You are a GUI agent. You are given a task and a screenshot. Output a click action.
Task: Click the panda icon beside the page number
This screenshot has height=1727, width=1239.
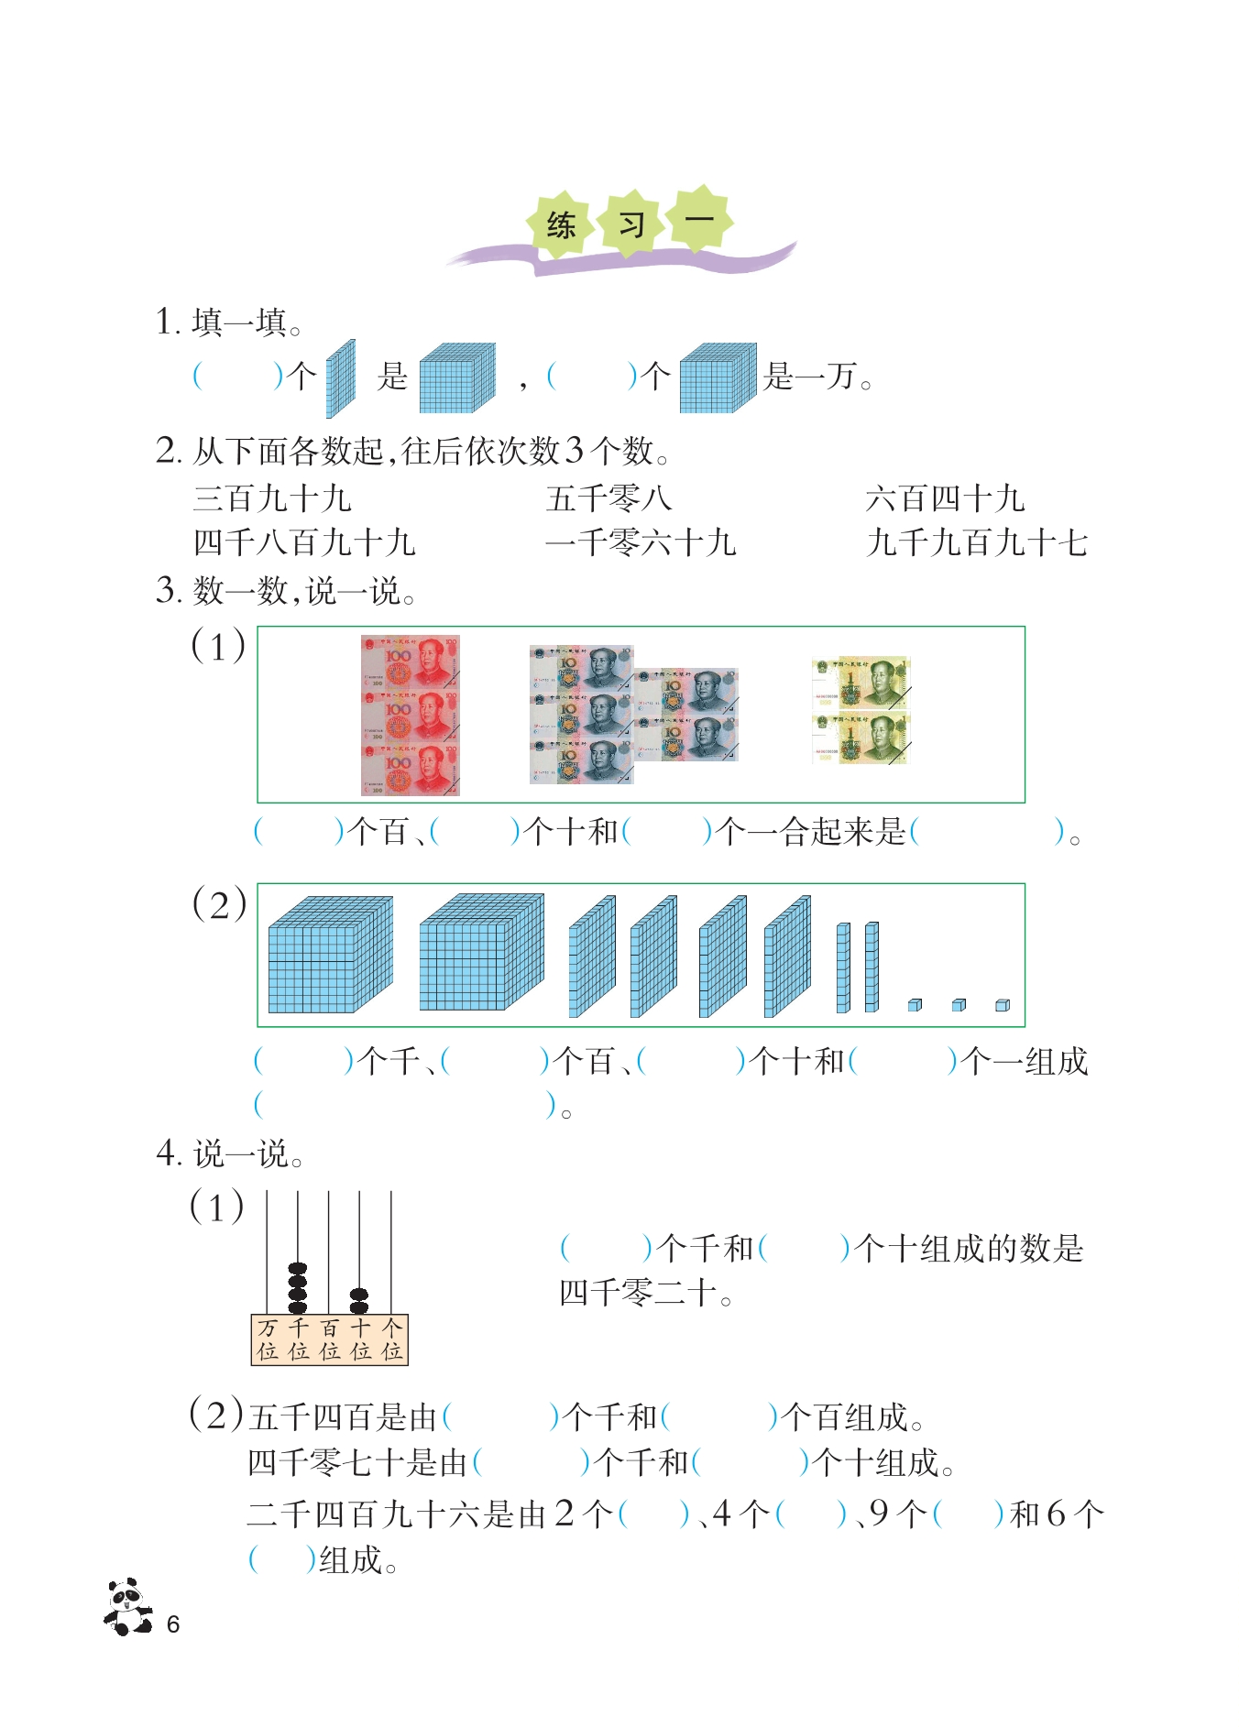click(127, 1606)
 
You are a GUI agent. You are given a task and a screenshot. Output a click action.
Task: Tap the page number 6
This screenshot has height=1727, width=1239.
click(173, 1624)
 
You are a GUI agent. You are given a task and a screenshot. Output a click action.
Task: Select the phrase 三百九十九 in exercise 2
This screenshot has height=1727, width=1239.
click(272, 498)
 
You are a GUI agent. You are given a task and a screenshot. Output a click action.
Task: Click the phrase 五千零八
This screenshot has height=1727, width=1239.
click(609, 498)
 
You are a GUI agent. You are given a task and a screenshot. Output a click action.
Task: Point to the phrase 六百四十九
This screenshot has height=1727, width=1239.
click(945, 498)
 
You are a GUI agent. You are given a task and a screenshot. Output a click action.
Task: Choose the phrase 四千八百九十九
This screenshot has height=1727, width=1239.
click(304, 542)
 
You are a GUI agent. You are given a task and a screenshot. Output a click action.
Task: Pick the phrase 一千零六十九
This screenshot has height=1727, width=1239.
click(641, 542)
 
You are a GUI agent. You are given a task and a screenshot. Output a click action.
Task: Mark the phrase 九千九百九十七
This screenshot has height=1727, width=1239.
click(977, 542)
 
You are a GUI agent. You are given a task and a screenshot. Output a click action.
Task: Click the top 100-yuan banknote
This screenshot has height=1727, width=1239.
click(410, 661)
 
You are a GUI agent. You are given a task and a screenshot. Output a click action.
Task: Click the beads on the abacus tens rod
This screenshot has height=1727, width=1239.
click(359, 1301)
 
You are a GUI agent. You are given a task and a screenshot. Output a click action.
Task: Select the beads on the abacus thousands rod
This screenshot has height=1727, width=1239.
click(298, 1288)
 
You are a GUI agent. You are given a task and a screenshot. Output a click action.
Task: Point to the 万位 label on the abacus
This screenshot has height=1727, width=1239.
click(267, 1339)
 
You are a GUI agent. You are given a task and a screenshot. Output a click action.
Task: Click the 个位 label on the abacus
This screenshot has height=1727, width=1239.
click(392, 1339)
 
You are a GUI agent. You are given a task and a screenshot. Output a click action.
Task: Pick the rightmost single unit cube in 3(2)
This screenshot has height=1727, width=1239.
click(1003, 1005)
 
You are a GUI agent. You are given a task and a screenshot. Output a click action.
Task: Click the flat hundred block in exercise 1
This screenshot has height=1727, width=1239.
click(340, 378)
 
